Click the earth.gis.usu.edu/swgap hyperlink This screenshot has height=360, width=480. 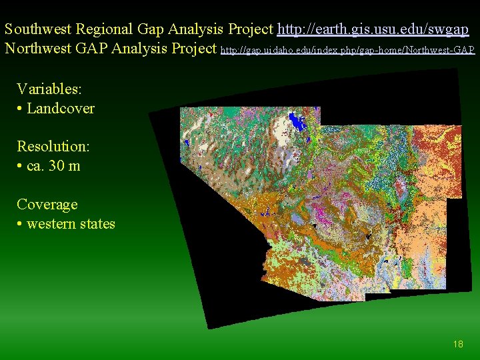373,29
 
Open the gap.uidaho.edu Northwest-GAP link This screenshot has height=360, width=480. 347,50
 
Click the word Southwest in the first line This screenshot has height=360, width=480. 39,29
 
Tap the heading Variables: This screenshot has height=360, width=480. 49,89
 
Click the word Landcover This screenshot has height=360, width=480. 61,108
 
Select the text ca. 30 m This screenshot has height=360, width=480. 53,166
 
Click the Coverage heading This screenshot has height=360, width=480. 47,204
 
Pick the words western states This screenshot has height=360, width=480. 71,224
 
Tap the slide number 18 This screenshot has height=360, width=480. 457,344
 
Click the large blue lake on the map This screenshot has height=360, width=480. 296,122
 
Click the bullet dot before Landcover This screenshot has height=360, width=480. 20,109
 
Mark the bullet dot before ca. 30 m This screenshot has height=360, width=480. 20,167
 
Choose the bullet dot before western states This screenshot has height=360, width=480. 20,225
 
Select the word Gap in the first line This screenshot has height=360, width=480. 151,29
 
